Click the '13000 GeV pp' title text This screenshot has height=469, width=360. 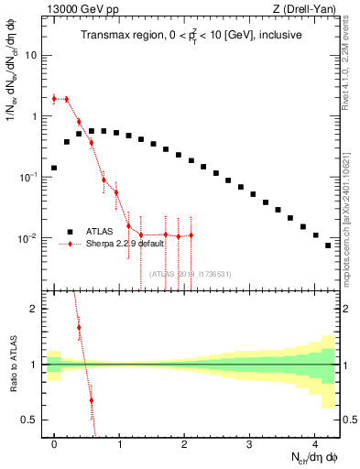pyautogui.click(x=81, y=8)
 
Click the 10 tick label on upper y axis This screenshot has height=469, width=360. pyautogui.click(x=30, y=55)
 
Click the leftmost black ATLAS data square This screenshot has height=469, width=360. pyautogui.click(x=54, y=168)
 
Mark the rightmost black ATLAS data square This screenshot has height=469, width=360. pyautogui.click(x=327, y=245)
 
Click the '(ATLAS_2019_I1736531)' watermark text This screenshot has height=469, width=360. pyautogui.click(x=192, y=273)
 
